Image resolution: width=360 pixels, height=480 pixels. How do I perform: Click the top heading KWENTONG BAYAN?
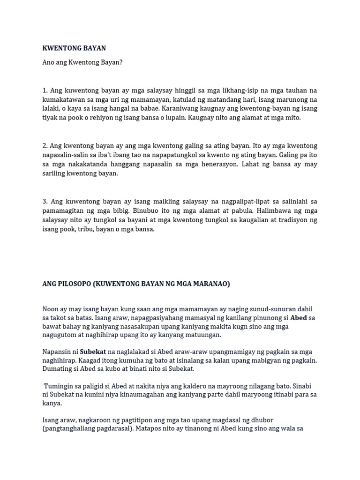[74, 48]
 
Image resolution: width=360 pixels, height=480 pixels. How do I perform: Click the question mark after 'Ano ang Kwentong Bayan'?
[120, 62]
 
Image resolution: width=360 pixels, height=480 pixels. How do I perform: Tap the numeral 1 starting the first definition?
[44, 90]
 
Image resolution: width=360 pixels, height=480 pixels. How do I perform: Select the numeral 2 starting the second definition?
[44, 146]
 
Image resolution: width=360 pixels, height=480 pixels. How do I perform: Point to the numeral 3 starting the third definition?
[44, 202]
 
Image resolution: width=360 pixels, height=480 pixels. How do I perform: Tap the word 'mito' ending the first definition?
[292, 118]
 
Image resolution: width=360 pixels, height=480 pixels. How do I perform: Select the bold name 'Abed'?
[299, 318]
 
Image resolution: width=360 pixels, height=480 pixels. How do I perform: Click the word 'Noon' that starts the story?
[51, 309]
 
